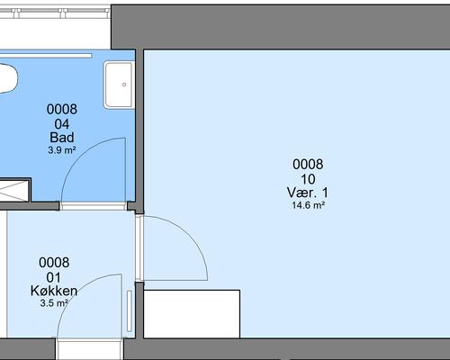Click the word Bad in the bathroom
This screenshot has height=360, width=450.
pos(62,138)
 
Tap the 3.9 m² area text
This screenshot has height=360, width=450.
pos(62,150)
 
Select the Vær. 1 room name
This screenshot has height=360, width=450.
pos(308,193)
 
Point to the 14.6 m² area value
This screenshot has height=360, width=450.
pos(309,205)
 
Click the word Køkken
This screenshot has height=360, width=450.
pos(54,291)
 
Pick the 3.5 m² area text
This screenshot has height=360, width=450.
pos(54,303)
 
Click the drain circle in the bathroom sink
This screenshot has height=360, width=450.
pos(124,85)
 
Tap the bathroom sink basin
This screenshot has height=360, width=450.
pos(119,85)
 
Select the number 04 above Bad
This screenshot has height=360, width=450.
pos(62,124)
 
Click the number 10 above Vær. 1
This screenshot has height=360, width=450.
pos(308,179)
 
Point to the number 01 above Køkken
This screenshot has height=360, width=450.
pos(54,277)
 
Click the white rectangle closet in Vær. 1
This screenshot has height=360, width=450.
pos(192,314)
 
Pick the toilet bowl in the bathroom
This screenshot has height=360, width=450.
pos(7,78)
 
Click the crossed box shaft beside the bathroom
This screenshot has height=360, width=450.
pos(14,190)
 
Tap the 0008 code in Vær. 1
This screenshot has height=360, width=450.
pos(308,165)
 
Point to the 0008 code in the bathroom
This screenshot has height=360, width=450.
pos(62,109)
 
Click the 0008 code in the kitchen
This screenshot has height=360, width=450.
pos(54,263)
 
